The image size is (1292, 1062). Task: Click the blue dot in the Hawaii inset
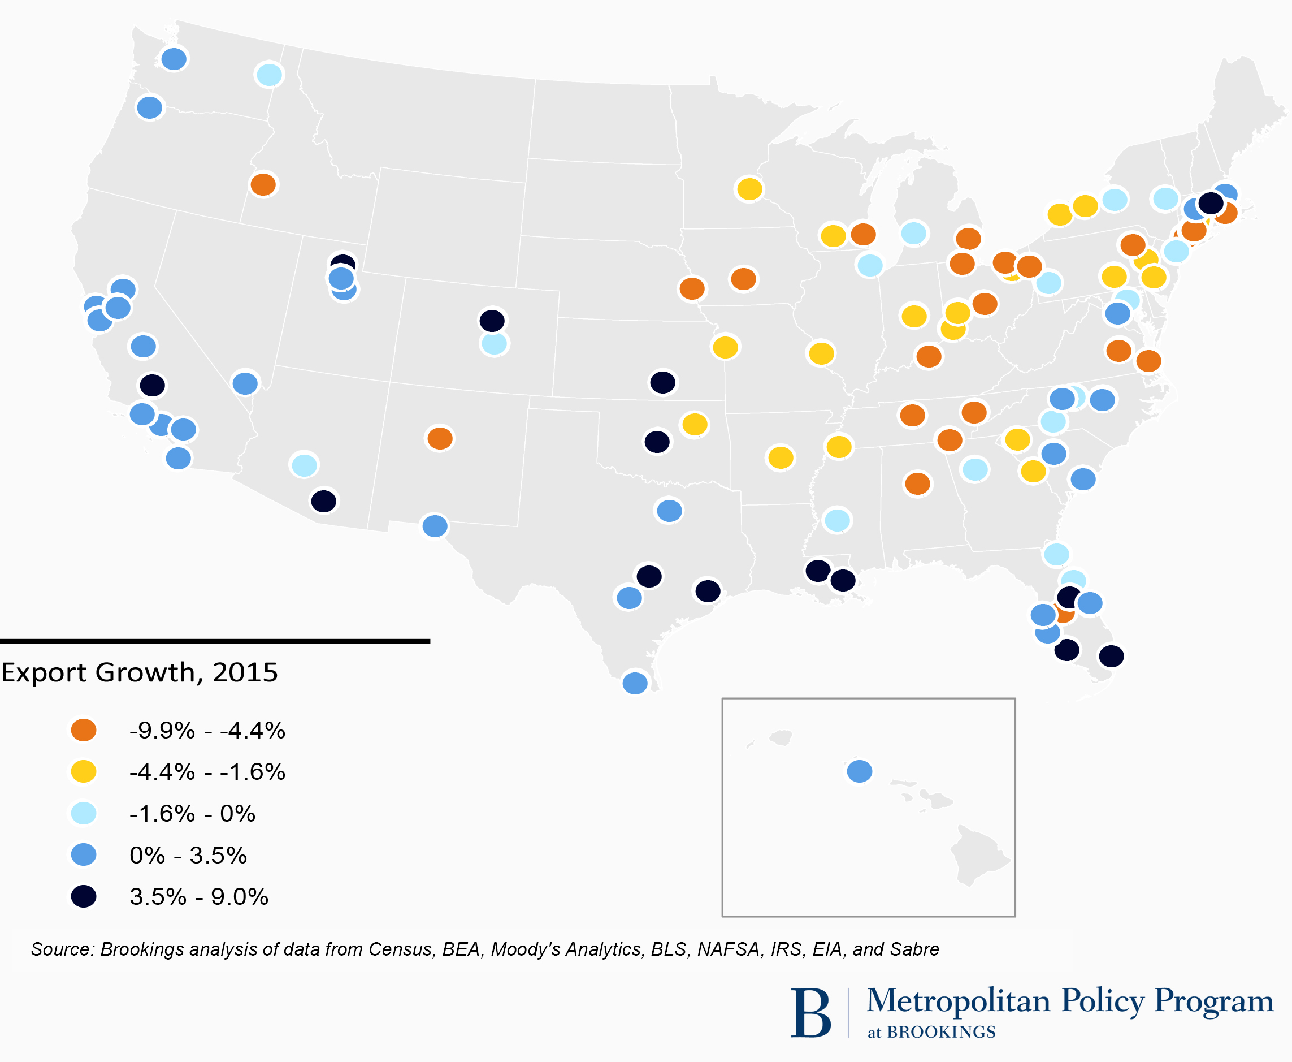pos(859,771)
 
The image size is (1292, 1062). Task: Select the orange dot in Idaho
pos(263,184)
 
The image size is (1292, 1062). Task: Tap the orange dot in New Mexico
pos(440,438)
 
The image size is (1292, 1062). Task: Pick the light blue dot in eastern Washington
pos(269,75)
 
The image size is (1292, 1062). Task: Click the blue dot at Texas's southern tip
pos(635,683)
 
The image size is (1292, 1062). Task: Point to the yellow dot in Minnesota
pos(749,189)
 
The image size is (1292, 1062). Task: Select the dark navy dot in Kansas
pos(662,382)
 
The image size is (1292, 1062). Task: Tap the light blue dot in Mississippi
pos(837,521)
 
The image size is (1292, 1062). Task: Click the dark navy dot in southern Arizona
pos(323,501)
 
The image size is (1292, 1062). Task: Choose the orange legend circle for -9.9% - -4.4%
pos(84,730)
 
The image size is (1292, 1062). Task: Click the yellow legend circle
pos(84,771)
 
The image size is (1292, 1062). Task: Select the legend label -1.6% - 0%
pos(192,814)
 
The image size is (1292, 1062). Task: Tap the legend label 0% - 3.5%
pos(188,855)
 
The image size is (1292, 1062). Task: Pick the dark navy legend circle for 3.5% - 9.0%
pos(84,897)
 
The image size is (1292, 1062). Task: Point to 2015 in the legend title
pos(245,672)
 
